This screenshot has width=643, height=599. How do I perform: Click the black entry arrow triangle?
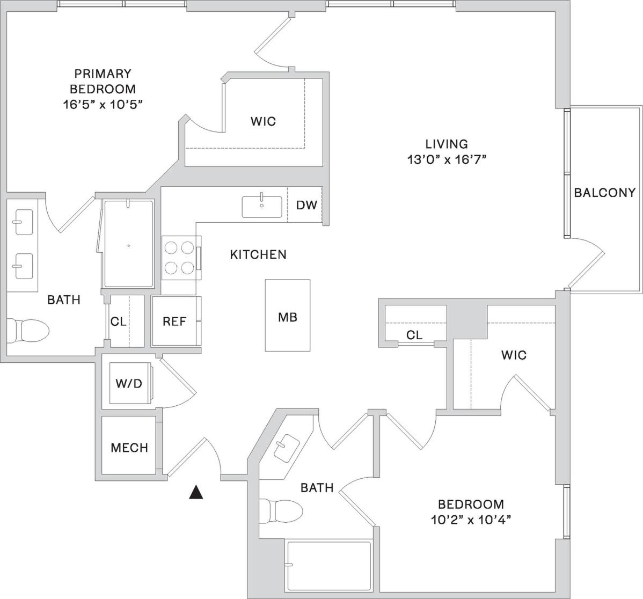pos(196,492)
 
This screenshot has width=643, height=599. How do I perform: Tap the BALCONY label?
pos(604,192)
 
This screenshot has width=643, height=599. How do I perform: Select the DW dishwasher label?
pos(306,204)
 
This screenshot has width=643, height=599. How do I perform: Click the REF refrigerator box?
pos(174,321)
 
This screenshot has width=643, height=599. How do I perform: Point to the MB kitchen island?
pos(287,316)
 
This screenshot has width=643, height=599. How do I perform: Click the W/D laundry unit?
pos(129,383)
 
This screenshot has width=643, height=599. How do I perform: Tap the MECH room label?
pos(129,447)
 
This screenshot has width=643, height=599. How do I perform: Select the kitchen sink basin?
pos(261,207)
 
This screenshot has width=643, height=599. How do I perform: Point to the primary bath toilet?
pos(27,328)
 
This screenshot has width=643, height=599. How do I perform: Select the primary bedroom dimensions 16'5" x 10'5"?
pos(102,104)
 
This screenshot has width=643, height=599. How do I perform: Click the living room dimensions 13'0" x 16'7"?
pos(447,159)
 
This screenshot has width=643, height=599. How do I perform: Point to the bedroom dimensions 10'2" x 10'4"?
pos(471,520)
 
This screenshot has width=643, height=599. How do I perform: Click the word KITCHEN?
pos(258,254)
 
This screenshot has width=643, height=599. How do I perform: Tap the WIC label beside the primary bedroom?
pos(263,121)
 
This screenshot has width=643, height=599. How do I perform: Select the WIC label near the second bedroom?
pos(514,355)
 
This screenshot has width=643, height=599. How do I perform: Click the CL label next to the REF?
pos(118,322)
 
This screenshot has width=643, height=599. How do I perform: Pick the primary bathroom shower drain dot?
pos(129,246)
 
